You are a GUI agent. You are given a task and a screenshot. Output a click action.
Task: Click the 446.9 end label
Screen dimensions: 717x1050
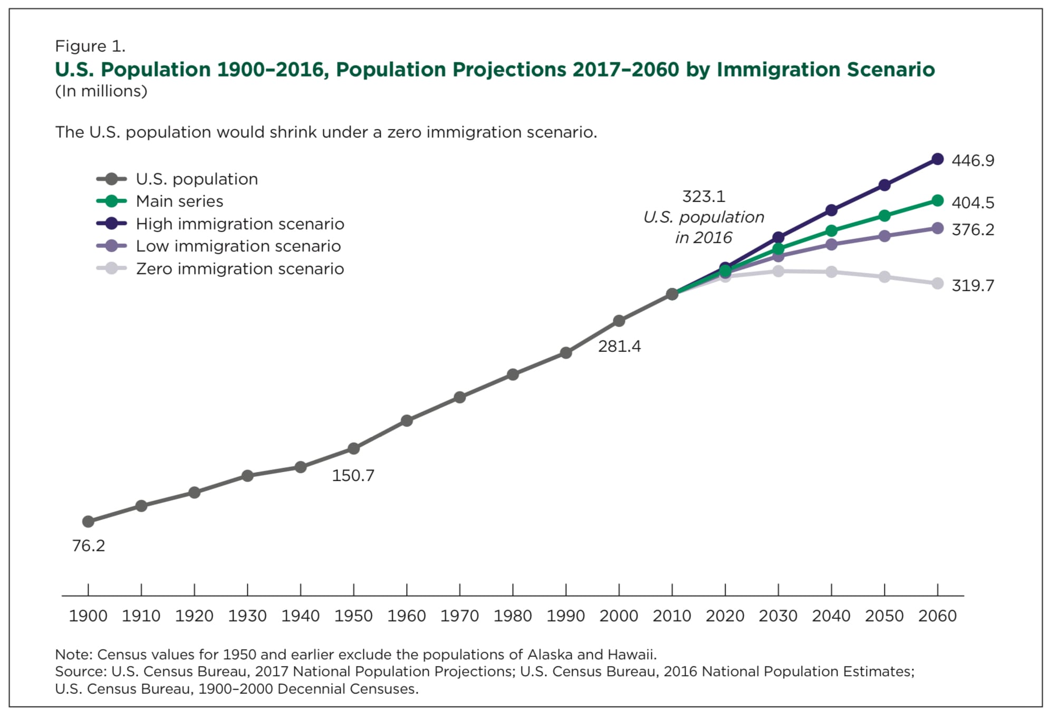pos(972,160)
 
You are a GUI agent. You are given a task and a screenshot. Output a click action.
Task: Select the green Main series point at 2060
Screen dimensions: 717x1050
pos(937,200)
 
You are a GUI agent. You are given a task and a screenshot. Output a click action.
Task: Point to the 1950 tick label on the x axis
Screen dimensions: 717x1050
pos(353,616)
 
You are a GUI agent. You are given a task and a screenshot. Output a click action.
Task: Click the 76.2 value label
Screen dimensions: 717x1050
pos(89,546)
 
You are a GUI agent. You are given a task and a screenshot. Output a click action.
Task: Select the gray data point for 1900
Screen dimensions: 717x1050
pos(88,522)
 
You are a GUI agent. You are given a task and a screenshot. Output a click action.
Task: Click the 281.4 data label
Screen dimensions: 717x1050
pos(619,347)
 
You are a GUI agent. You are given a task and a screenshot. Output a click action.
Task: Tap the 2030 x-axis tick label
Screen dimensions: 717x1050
pos(778,616)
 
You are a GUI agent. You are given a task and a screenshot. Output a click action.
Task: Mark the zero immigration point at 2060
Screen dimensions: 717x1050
pos(937,284)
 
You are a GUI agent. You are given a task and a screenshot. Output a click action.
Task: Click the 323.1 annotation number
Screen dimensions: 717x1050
pos(704,197)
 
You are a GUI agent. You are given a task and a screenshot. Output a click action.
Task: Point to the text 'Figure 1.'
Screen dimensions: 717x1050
pos(90,46)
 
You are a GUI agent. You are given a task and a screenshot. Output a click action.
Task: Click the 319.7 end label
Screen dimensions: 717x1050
pos(972,286)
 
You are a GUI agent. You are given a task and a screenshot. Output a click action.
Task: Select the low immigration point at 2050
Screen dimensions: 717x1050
pos(884,236)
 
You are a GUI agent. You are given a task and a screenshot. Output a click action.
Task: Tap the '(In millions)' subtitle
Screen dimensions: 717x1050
pos(101,91)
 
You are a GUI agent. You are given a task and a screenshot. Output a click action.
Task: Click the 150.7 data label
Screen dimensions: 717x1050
pos(353,476)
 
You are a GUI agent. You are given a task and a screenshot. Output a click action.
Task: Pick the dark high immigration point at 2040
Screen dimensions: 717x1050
pos(831,211)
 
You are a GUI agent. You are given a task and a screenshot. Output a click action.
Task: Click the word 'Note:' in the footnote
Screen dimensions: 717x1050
pos(74,655)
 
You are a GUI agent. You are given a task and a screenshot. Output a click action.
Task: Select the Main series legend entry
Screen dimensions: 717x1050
pos(179,202)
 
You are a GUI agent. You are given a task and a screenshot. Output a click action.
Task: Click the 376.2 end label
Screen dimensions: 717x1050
pos(972,230)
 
